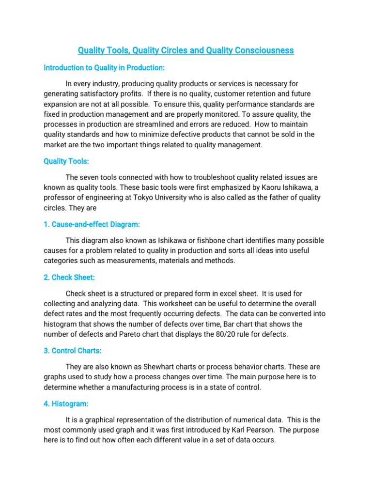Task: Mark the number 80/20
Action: [204, 335]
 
